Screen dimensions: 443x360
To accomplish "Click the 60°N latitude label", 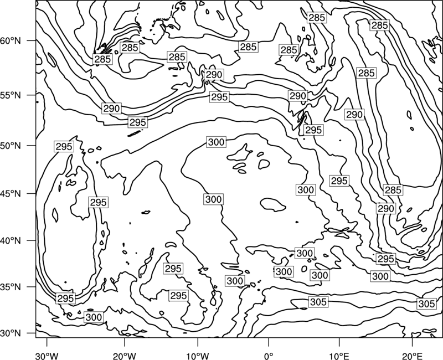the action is pos(11,41).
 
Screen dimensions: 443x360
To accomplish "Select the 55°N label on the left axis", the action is pos(11,95).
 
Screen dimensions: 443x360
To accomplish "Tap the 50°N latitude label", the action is pos(11,146).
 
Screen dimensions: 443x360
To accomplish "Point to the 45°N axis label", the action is pos(11,193).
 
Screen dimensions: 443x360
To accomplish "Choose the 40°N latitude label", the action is pos(11,241).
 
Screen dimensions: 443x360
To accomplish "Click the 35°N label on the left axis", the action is pos(11,287).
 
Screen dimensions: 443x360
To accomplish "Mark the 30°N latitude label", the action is pos(11,333).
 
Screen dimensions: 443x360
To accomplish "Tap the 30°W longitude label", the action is pos(47,356).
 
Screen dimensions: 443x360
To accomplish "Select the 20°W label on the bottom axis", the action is pos(124,356).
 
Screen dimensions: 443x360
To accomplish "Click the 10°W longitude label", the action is pos(197,356).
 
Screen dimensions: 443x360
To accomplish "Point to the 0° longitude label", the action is pos(269,356).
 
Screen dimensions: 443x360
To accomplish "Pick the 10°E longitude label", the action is pos(339,356).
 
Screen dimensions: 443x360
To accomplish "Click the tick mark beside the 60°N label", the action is pos(32,40).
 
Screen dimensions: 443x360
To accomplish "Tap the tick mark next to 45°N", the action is pos(32,193).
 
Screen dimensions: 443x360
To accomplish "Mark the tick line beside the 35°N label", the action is pos(32,287).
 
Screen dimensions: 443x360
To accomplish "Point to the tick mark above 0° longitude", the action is pos(269,342).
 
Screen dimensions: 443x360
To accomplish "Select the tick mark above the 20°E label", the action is pos(412,342).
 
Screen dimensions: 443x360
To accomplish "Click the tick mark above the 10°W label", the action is pos(197,342).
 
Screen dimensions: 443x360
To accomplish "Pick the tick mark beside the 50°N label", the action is pos(32,146).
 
